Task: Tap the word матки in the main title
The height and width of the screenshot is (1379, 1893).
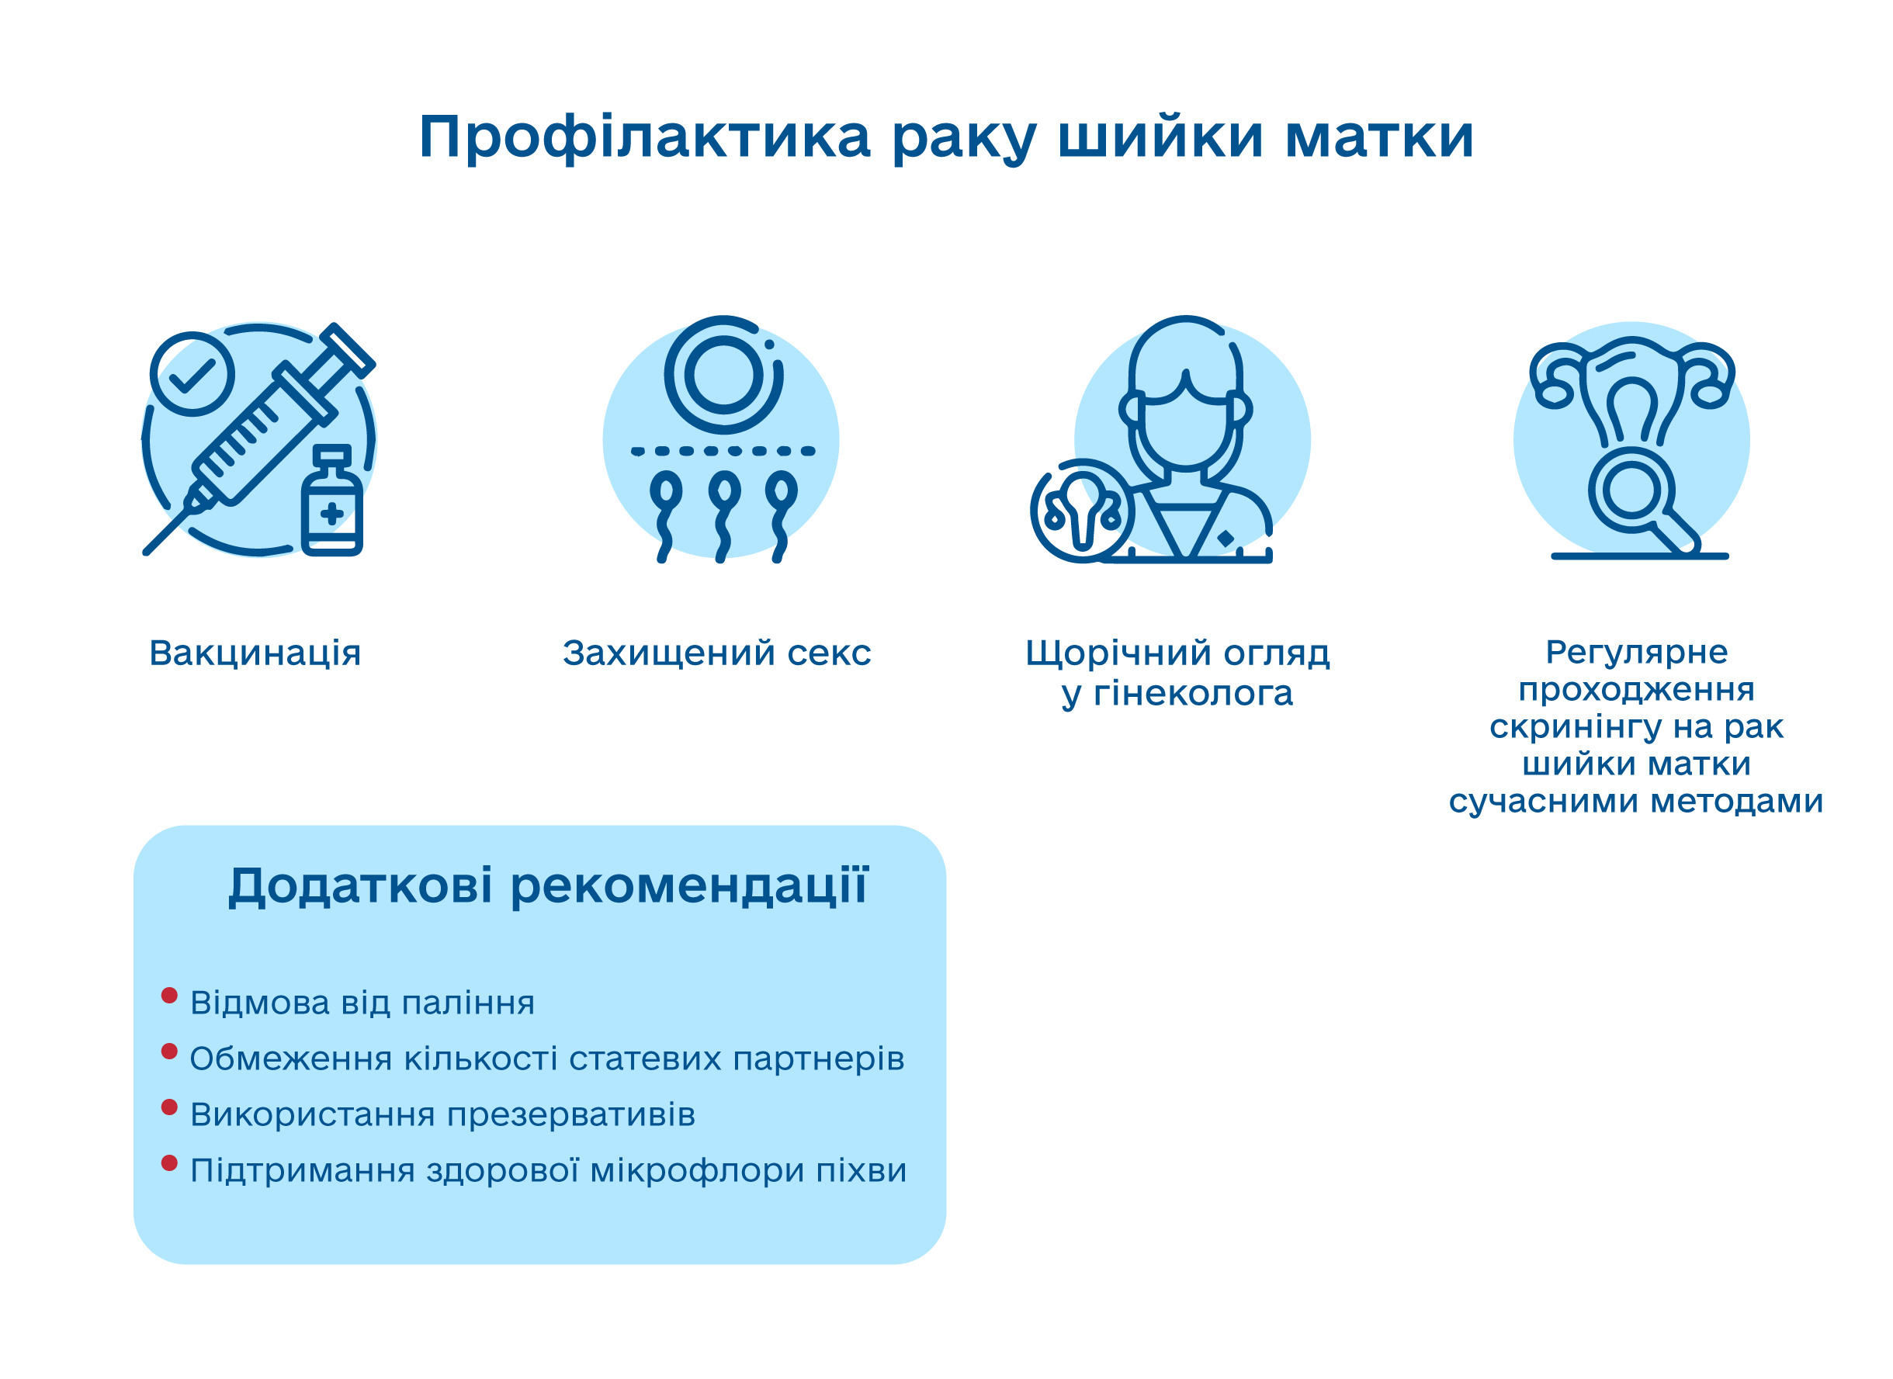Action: coord(1380,136)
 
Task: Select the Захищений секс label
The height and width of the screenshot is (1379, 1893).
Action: coord(717,653)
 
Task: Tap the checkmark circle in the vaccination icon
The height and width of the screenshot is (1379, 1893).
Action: coord(192,374)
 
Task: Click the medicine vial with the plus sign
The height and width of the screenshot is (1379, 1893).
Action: coord(332,501)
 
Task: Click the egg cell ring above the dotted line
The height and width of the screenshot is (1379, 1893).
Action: coord(724,375)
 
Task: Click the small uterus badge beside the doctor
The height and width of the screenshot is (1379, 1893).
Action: coord(1083,511)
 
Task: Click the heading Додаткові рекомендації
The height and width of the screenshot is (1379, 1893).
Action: coord(549,887)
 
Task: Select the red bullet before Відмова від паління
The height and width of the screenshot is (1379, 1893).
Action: coord(169,996)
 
